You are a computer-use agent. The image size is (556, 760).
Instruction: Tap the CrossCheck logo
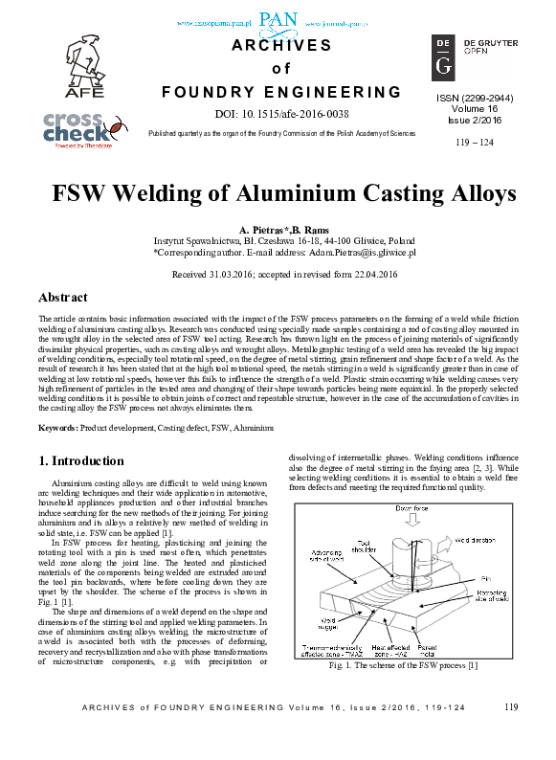[x=83, y=129]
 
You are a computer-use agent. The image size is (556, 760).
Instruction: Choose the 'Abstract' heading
[x=63, y=297]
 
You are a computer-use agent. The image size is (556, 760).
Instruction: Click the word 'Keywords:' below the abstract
[x=57, y=427]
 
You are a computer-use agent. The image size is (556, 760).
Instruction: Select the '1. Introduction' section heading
[x=81, y=460]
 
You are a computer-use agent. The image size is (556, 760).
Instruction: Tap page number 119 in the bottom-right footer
[x=509, y=734]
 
